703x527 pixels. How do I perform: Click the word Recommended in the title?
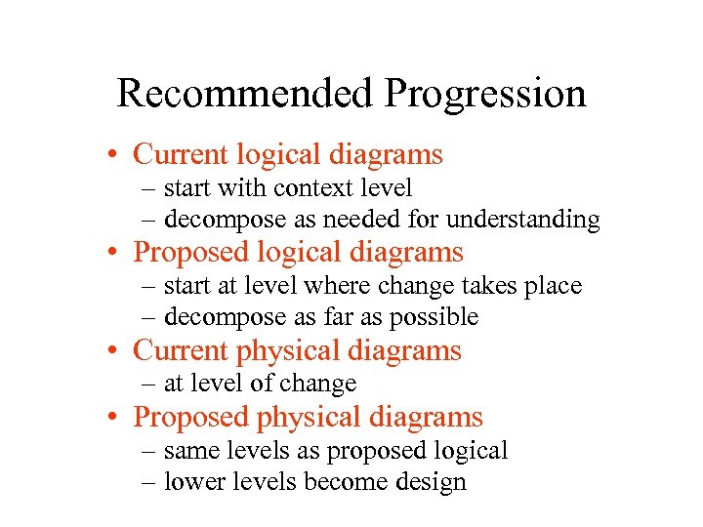click(x=245, y=94)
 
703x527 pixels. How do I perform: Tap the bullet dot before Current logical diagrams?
click(x=115, y=155)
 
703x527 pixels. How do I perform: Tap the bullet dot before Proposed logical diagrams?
click(x=115, y=253)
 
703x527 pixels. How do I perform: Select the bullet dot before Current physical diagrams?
click(x=115, y=350)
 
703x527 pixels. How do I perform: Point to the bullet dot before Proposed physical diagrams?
click(x=115, y=418)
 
